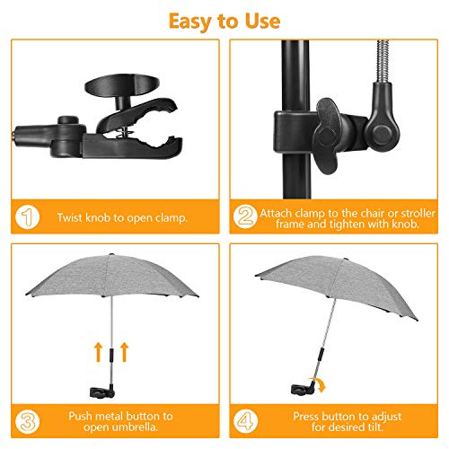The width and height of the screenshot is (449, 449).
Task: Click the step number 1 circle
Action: click(27, 216)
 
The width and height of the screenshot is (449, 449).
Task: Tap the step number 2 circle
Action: click(245, 216)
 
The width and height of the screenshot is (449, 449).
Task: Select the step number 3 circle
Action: click(27, 421)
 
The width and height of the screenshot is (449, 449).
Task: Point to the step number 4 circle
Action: click(245, 421)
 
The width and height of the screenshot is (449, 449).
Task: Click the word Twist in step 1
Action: click(70, 217)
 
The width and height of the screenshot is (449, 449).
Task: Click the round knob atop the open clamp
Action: click(122, 84)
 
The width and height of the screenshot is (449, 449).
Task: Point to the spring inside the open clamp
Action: click(123, 132)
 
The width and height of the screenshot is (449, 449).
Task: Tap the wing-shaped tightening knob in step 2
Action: click(327, 135)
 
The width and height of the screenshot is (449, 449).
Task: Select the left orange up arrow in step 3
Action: click(98, 352)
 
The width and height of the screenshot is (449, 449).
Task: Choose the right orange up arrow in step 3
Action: click(124, 352)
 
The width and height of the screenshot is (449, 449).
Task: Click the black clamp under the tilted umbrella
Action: click(304, 389)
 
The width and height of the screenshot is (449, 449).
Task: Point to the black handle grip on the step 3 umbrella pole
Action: click(111, 356)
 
